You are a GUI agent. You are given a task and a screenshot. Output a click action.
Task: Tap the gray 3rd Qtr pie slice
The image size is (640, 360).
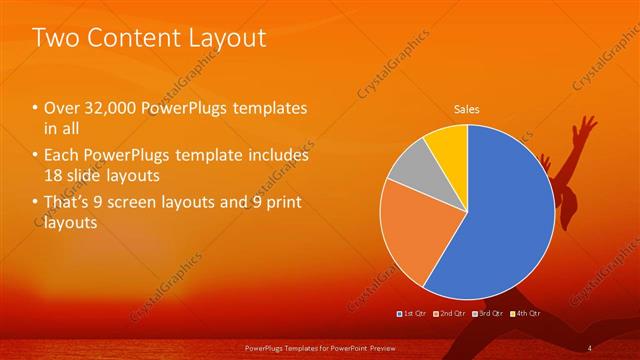409,180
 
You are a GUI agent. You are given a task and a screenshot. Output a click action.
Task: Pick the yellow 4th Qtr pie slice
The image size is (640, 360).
447,151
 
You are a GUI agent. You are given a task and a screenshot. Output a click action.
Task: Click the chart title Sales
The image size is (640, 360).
467,108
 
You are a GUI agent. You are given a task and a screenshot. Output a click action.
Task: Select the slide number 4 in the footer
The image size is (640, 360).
590,347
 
